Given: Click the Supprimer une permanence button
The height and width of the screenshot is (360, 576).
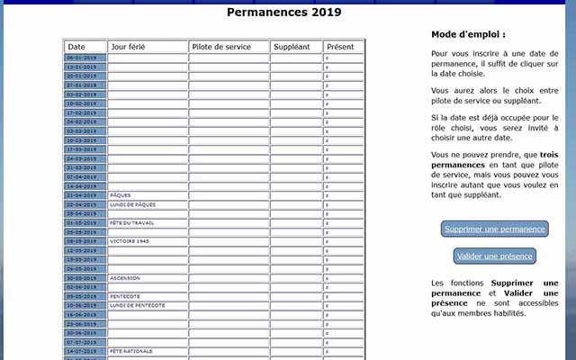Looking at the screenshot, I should [494, 229].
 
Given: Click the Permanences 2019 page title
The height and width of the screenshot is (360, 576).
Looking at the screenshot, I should [284, 13].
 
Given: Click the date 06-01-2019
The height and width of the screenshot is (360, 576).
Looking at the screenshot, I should [85, 58].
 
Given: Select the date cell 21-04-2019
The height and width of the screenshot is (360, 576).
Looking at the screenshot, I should [85, 195].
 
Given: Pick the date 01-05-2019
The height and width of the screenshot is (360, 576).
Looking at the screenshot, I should [85, 222].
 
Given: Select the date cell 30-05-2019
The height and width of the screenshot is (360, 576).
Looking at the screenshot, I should [85, 278].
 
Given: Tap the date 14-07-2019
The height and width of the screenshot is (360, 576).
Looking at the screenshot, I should [85, 351].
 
